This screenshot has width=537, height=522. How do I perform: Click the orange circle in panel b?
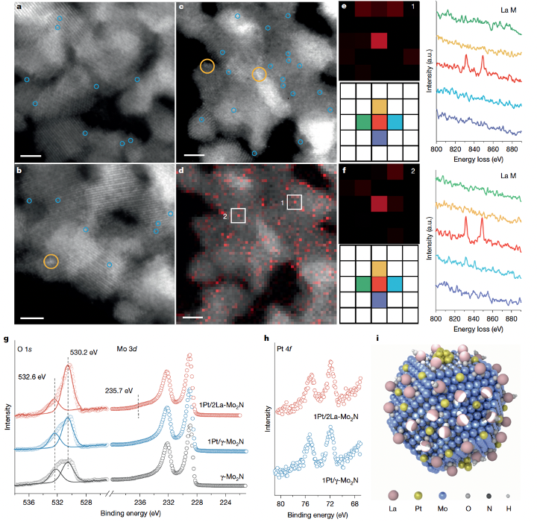(51, 262)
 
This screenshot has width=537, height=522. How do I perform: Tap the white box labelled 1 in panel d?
(295, 202)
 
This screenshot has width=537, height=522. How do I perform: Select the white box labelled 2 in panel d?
(239, 216)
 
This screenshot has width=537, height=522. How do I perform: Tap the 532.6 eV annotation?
(32, 377)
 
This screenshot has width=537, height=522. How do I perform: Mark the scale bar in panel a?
(31, 158)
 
